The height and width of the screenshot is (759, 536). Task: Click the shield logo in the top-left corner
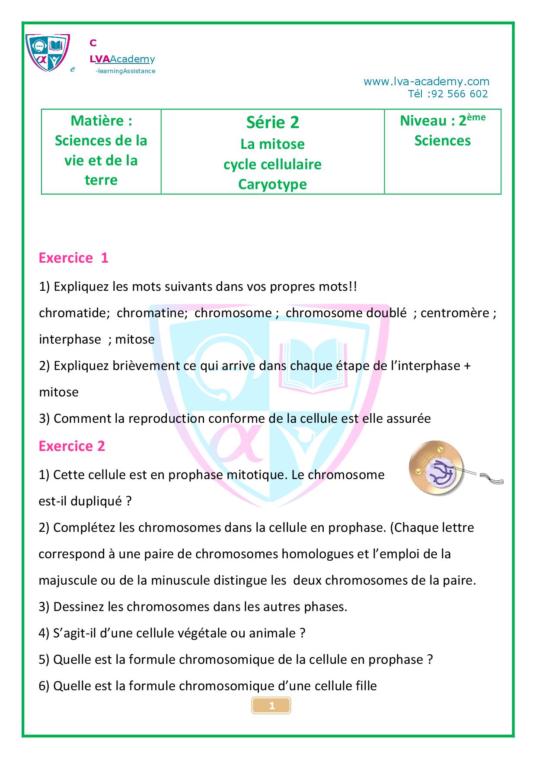pos(48,52)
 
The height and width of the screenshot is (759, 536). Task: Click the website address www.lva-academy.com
pos(426,81)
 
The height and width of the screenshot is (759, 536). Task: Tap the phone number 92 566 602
pos(460,94)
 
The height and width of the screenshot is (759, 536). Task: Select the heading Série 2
pos(272,122)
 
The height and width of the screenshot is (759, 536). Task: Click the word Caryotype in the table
pos(272,184)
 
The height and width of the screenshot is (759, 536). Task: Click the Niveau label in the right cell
pos(427,121)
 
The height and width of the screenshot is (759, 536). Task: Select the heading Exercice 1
pos(73,258)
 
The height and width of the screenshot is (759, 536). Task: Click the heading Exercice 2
pos(72,446)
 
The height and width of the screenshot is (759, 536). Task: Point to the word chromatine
pos(151,313)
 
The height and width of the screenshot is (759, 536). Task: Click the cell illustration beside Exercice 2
pos(437,470)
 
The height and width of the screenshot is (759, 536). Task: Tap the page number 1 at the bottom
pos(271,706)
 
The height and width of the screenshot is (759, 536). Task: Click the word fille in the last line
pos(365,686)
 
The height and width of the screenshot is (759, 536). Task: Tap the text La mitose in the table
pos(272,144)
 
